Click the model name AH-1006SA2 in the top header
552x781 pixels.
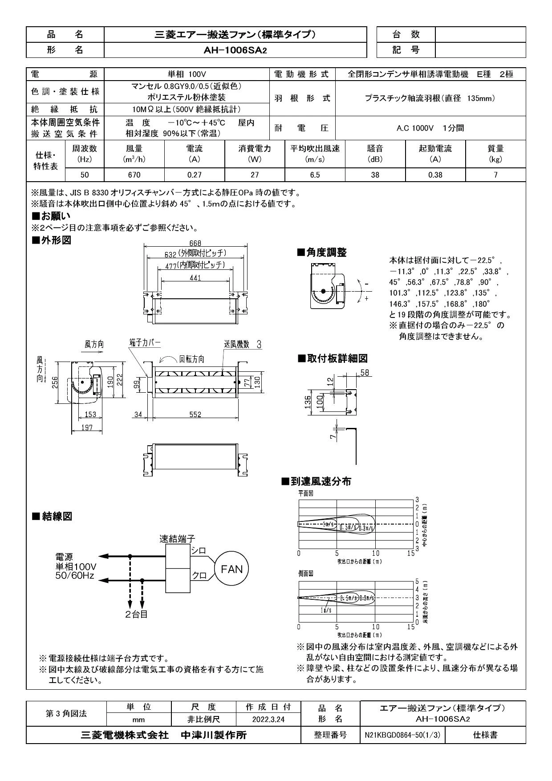(x=235, y=50)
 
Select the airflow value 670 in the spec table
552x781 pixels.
(x=134, y=175)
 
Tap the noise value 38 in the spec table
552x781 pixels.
(x=375, y=175)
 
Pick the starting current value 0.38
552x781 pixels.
(x=435, y=175)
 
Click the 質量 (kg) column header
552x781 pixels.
(x=495, y=154)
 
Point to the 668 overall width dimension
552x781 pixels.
(x=195, y=243)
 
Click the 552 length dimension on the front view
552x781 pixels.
(x=195, y=415)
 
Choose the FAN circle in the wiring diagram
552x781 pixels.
(x=231, y=569)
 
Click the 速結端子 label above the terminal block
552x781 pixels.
(x=177, y=539)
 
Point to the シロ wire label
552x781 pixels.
(x=199, y=551)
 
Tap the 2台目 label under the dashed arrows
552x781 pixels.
(x=136, y=614)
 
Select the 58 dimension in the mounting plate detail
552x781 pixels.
(x=365, y=373)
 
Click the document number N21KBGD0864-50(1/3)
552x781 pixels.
(x=402, y=735)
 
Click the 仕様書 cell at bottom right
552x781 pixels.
(x=485, y=735)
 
